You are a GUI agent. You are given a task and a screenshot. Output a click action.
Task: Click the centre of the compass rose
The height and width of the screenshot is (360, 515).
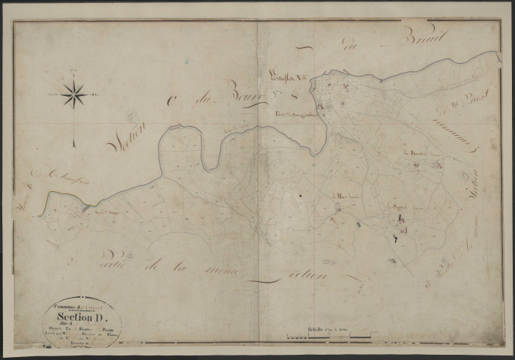(73, 95)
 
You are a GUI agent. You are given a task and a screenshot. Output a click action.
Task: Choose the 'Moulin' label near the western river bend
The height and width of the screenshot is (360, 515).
(105, 211)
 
